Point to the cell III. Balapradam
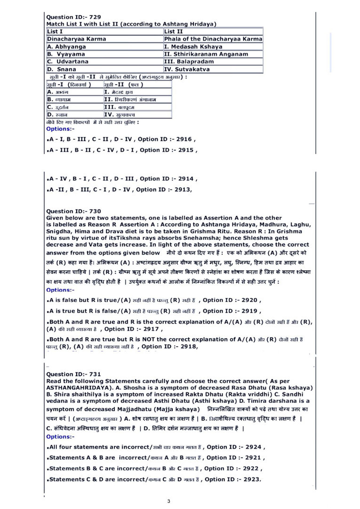click(x=189, y=61)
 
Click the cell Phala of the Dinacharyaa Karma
click(x=213, y=39)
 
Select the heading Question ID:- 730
click(x=73, y=211)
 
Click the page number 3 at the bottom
click(x=169, y=501)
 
